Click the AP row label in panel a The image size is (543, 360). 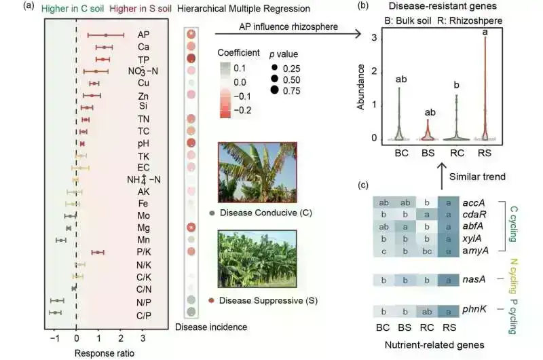point(143,35)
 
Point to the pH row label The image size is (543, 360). point(143,144)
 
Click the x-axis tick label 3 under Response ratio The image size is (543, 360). point(142,338)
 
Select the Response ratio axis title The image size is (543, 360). point(104,353)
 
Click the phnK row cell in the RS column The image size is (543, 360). point(448,312)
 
